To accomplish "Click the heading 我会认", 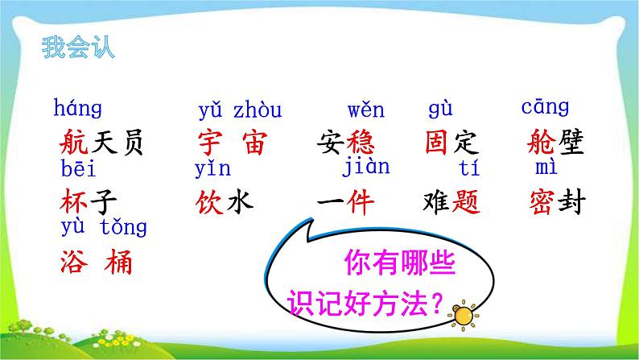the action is click(78, 48).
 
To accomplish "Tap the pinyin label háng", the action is click(78, 109).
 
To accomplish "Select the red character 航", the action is click(74, 143).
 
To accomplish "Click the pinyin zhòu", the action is click(258, 110).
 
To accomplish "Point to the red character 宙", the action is click(254, 143).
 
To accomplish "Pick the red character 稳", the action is click(361, 143).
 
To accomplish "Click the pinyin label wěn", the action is click(366, 110).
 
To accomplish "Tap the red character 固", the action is click(436, 143).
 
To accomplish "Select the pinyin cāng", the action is click(545, 107).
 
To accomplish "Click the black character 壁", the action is click(571, 143).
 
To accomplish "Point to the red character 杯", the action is click(74, 202).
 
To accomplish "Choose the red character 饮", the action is click(209, 202).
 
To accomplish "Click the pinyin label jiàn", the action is click(366, 168).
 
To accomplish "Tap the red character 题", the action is click(466, 202).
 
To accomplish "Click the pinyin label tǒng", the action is click(123, 227).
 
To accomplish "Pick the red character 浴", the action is click(74, 261).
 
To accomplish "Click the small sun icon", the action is click(464, 315).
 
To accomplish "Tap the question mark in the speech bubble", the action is click(436, 304).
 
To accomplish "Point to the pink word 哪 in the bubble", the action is click(414, 263).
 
